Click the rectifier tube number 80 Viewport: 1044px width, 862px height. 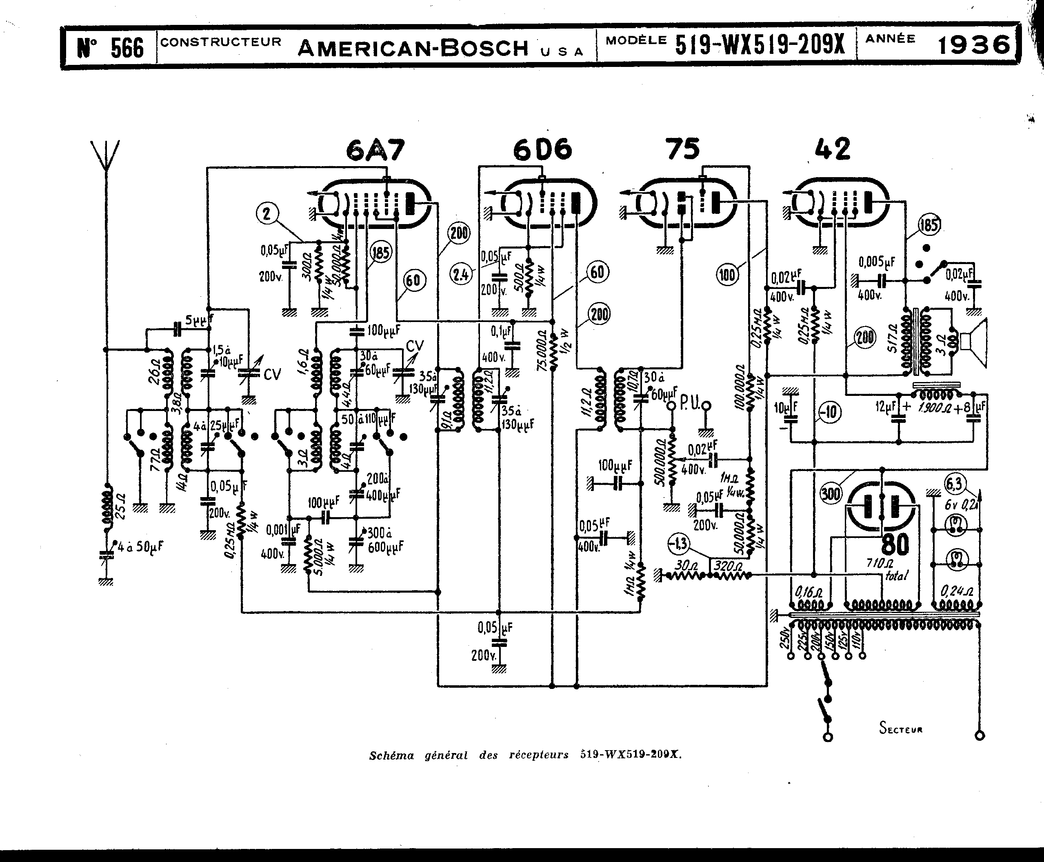pyautogui.click(x=895, y=544)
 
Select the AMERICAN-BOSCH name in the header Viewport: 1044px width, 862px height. pyautogui.click(x=413, y=48)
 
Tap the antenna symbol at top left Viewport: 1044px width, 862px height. pyautogui.click(x=105, y=156)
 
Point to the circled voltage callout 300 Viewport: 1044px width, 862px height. pyautogui.click(x=831, y=493)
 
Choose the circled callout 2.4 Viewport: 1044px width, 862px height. pyautogui.click(x=461, y=275)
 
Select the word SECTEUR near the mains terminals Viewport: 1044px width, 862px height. pyautogui.click(x=900, y=729)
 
